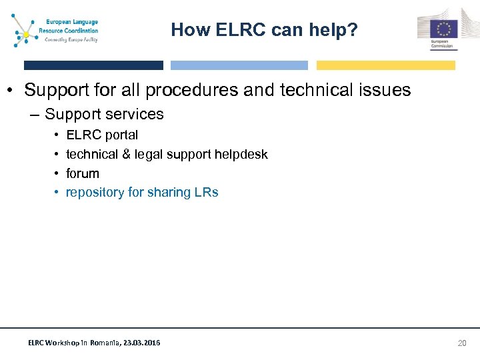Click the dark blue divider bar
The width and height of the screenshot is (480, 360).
click(93, 65)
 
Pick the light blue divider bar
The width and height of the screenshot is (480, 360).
click(239, 65)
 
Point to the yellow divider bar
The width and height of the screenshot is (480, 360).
click(385, 65)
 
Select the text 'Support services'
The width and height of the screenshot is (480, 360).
click(104, 114)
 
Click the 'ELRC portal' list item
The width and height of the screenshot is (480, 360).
click(102, 135)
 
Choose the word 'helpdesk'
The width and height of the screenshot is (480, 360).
click(243, 155)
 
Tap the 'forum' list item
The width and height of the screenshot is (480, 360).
click(82, 173)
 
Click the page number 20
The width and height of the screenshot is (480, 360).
click(461, 343)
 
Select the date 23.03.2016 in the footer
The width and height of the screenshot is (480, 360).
click(142, 343)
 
